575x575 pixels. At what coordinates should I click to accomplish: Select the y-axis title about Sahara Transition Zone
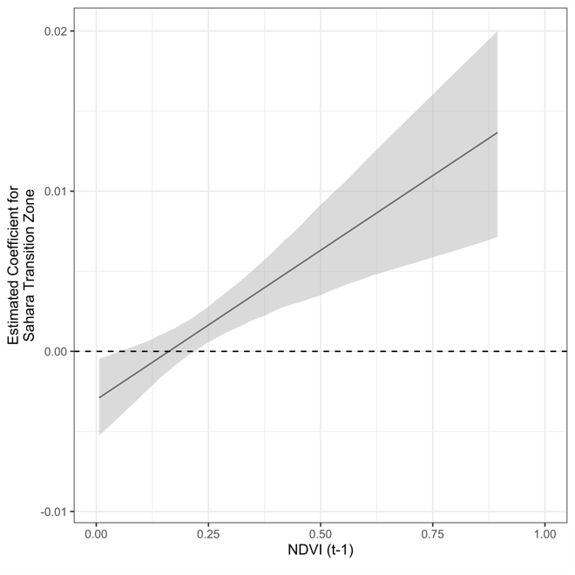tap(24, 263)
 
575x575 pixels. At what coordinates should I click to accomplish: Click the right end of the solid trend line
tap(497, 132)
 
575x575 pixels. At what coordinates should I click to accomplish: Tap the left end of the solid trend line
tap(99, 397)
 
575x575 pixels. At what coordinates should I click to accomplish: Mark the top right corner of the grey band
tap(497, 32)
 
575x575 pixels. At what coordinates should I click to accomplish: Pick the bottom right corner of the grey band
tap(497, 237)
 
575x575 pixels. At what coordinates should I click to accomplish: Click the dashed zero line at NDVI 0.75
tap(432, 351)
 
